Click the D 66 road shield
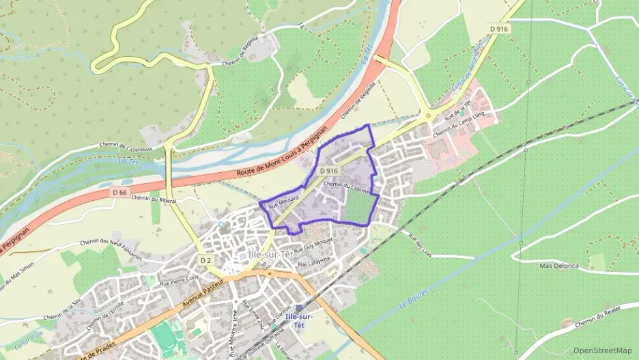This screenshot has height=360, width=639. (x=119, y=193)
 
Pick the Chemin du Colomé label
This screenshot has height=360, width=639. (x=351, y=185)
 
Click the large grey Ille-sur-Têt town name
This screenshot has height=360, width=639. (x=272, y=253)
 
